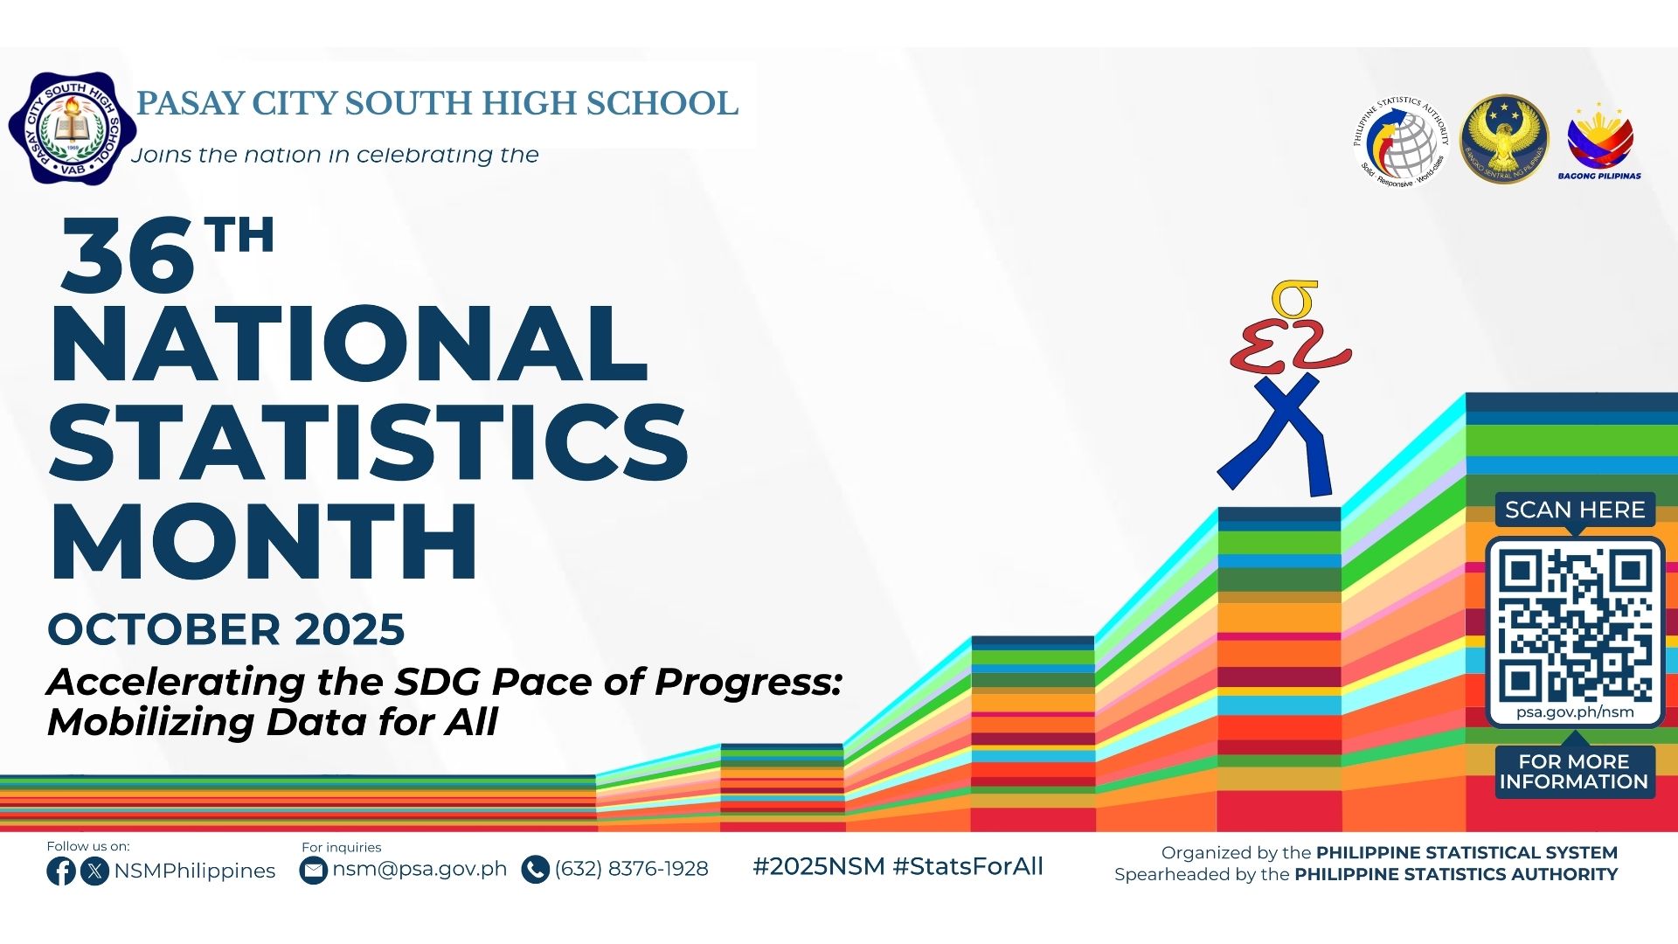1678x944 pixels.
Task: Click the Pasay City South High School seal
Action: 73,128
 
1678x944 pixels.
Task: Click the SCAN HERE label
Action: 1575,510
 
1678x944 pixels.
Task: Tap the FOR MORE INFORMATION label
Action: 1574,772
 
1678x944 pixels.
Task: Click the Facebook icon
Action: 61,871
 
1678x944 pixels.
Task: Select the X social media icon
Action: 94,871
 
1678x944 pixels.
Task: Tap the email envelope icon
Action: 313,871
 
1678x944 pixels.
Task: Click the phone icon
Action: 535,870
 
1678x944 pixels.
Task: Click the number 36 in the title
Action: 128,256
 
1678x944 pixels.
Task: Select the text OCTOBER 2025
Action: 226,629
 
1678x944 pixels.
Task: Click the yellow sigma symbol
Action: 1295,300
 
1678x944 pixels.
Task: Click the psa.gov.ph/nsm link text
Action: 1575,711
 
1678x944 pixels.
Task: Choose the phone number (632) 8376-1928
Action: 631,869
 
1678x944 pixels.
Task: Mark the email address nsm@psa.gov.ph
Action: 419,870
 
